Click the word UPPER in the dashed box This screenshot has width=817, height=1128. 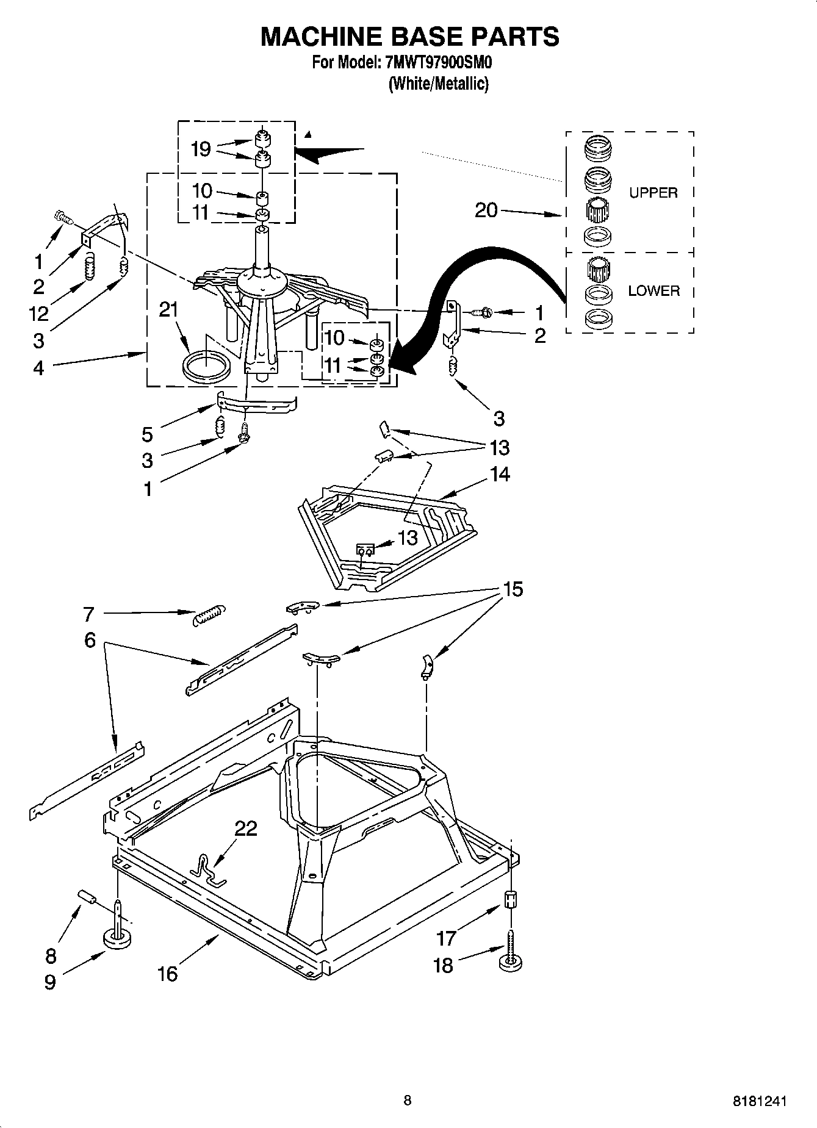pos(653,193)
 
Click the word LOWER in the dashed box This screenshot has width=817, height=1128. pos(653,291)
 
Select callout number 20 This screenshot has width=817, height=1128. pos(486,210)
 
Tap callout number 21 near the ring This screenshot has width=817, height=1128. pos(168,310)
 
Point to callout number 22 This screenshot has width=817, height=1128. pos(247,828)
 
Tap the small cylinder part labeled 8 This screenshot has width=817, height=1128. pos(88,897)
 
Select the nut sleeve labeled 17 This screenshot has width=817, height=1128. pos(511,900)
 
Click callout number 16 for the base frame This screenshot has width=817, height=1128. pos(167,974)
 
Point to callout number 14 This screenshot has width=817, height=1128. pos(500,474)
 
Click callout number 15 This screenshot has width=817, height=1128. pos(513,589)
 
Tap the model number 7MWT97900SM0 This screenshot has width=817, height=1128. pos(438,63)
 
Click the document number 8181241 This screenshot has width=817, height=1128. pos(759,1102)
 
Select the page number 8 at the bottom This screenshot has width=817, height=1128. pos(408,1101)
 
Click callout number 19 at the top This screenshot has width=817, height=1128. pos(201,149)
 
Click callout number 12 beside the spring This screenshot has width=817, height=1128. pos(38,314)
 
